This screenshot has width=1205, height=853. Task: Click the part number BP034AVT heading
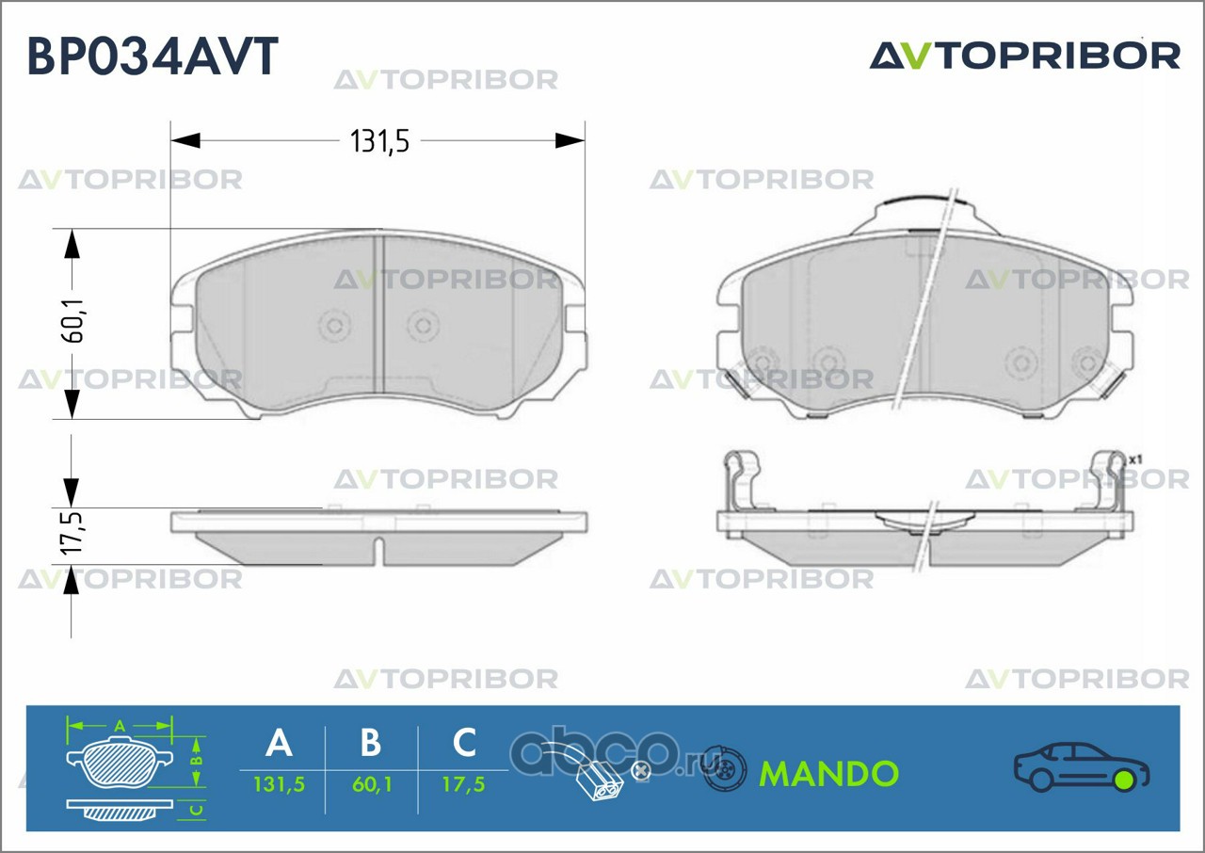coord(153,56)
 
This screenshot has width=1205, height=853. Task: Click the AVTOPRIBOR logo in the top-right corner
coord(1025,56)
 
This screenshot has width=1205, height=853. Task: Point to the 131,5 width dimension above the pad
coord(379,141)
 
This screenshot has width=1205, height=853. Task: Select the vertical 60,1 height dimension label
coord(73,321)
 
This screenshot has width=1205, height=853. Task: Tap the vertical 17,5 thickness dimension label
coord(72,533)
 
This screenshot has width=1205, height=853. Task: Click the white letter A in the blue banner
coord(280,743)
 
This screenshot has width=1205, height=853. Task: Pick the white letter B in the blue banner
coord(371,743)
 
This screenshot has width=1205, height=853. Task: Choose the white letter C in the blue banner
coord(464,743)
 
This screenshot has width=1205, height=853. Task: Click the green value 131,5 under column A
coord(280,784)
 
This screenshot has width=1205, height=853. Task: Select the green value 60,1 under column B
coord(372,784)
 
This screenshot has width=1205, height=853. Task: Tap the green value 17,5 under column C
coord(464,784)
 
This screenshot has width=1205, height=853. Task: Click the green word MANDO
coord(829,773)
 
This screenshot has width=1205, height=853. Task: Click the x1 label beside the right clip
coord(1135,459)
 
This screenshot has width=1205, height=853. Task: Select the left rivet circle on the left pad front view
coord(334,326)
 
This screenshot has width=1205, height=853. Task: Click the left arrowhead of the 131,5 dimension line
coord(185,141)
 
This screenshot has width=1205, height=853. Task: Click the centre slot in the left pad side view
coord(379,550)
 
